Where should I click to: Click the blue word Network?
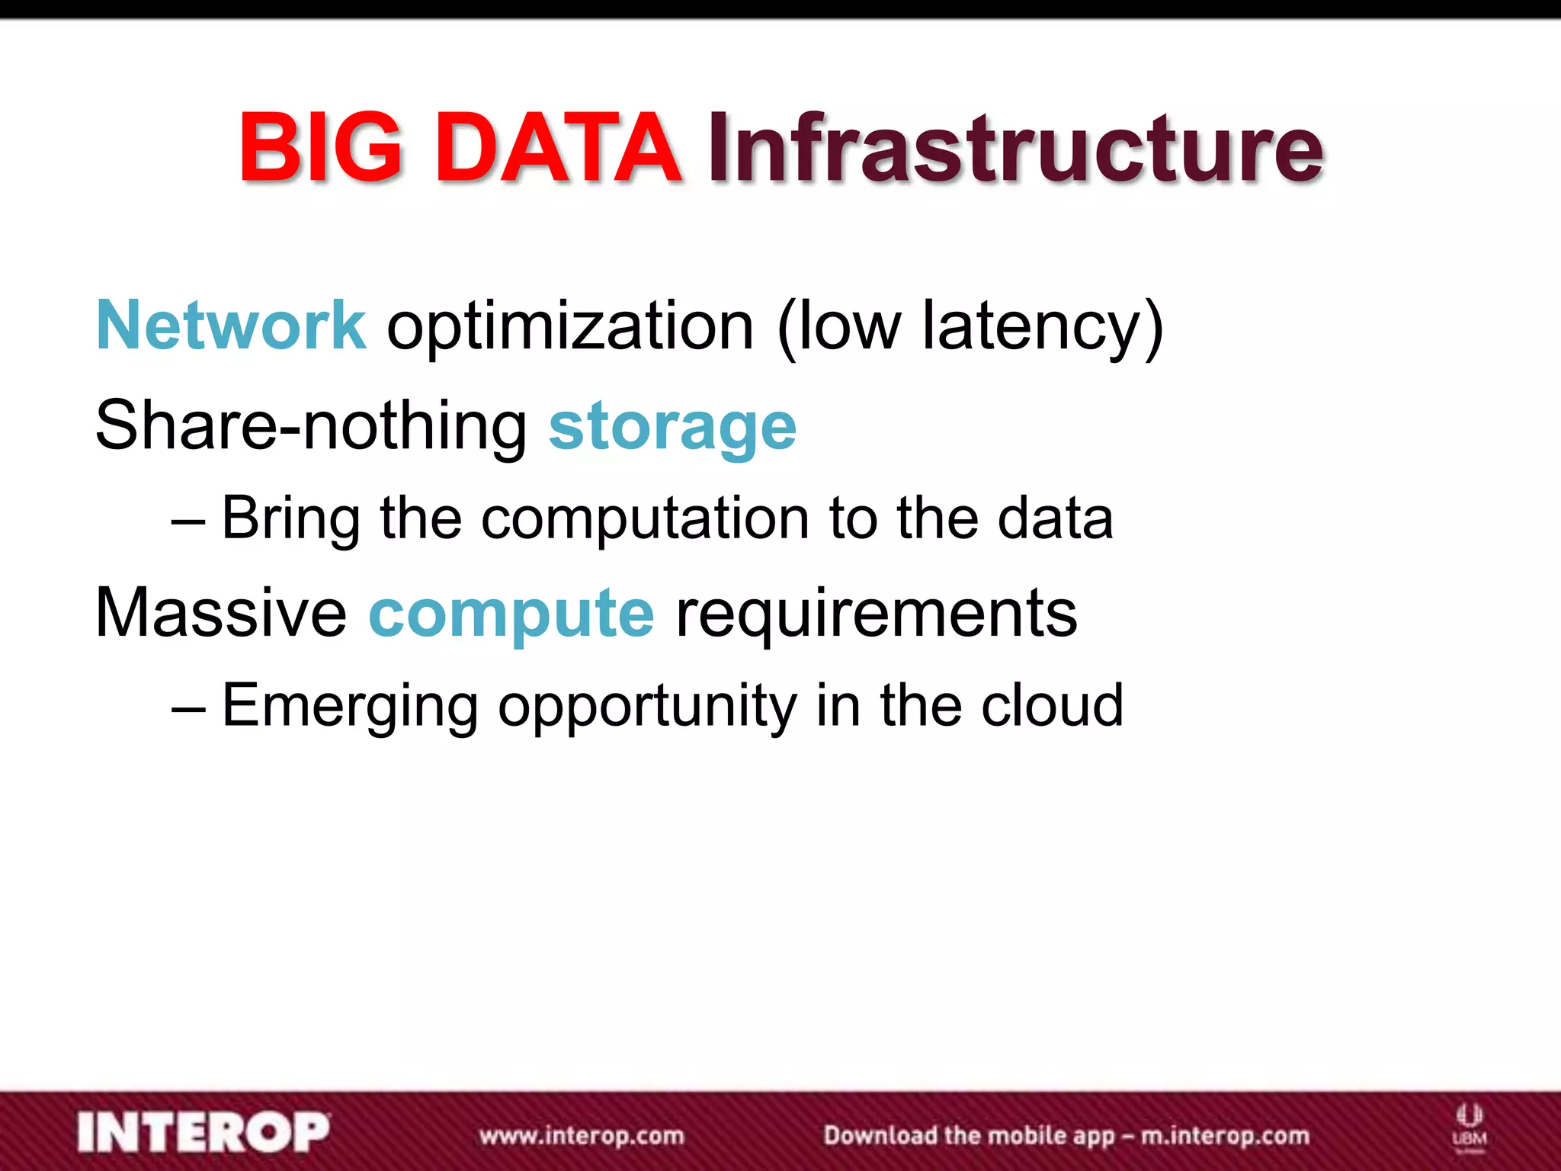click(x=231, y=326)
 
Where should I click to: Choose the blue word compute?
click(x=511, y=616)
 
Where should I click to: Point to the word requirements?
click(x=877, y=614)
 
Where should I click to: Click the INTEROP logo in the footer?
click(x=204, y=1132)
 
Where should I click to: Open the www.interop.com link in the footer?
click(x=582, y=1135)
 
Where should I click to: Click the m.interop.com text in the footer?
click(x=1225, y=1136)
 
